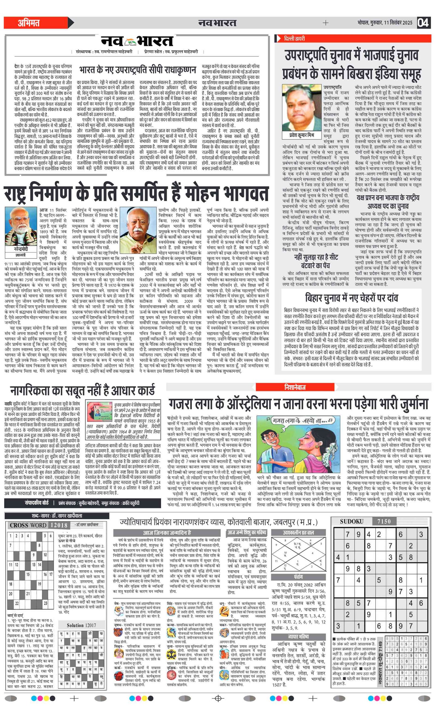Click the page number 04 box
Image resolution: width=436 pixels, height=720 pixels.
(423, 23)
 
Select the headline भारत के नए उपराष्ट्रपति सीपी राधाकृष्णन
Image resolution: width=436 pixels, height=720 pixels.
(137, 70)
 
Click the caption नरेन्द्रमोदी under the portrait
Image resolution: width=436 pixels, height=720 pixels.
(21, 249)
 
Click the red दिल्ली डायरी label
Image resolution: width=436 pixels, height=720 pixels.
(295, 39)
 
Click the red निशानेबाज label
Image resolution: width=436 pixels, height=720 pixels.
(295, 387)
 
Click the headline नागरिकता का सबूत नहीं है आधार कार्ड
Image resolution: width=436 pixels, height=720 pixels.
(83, 391)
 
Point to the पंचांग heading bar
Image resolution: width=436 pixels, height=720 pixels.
(298, 577)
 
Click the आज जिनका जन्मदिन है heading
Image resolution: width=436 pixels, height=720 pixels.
(167, 532)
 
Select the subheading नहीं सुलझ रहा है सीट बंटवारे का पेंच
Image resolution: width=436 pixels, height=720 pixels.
(316, 261)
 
